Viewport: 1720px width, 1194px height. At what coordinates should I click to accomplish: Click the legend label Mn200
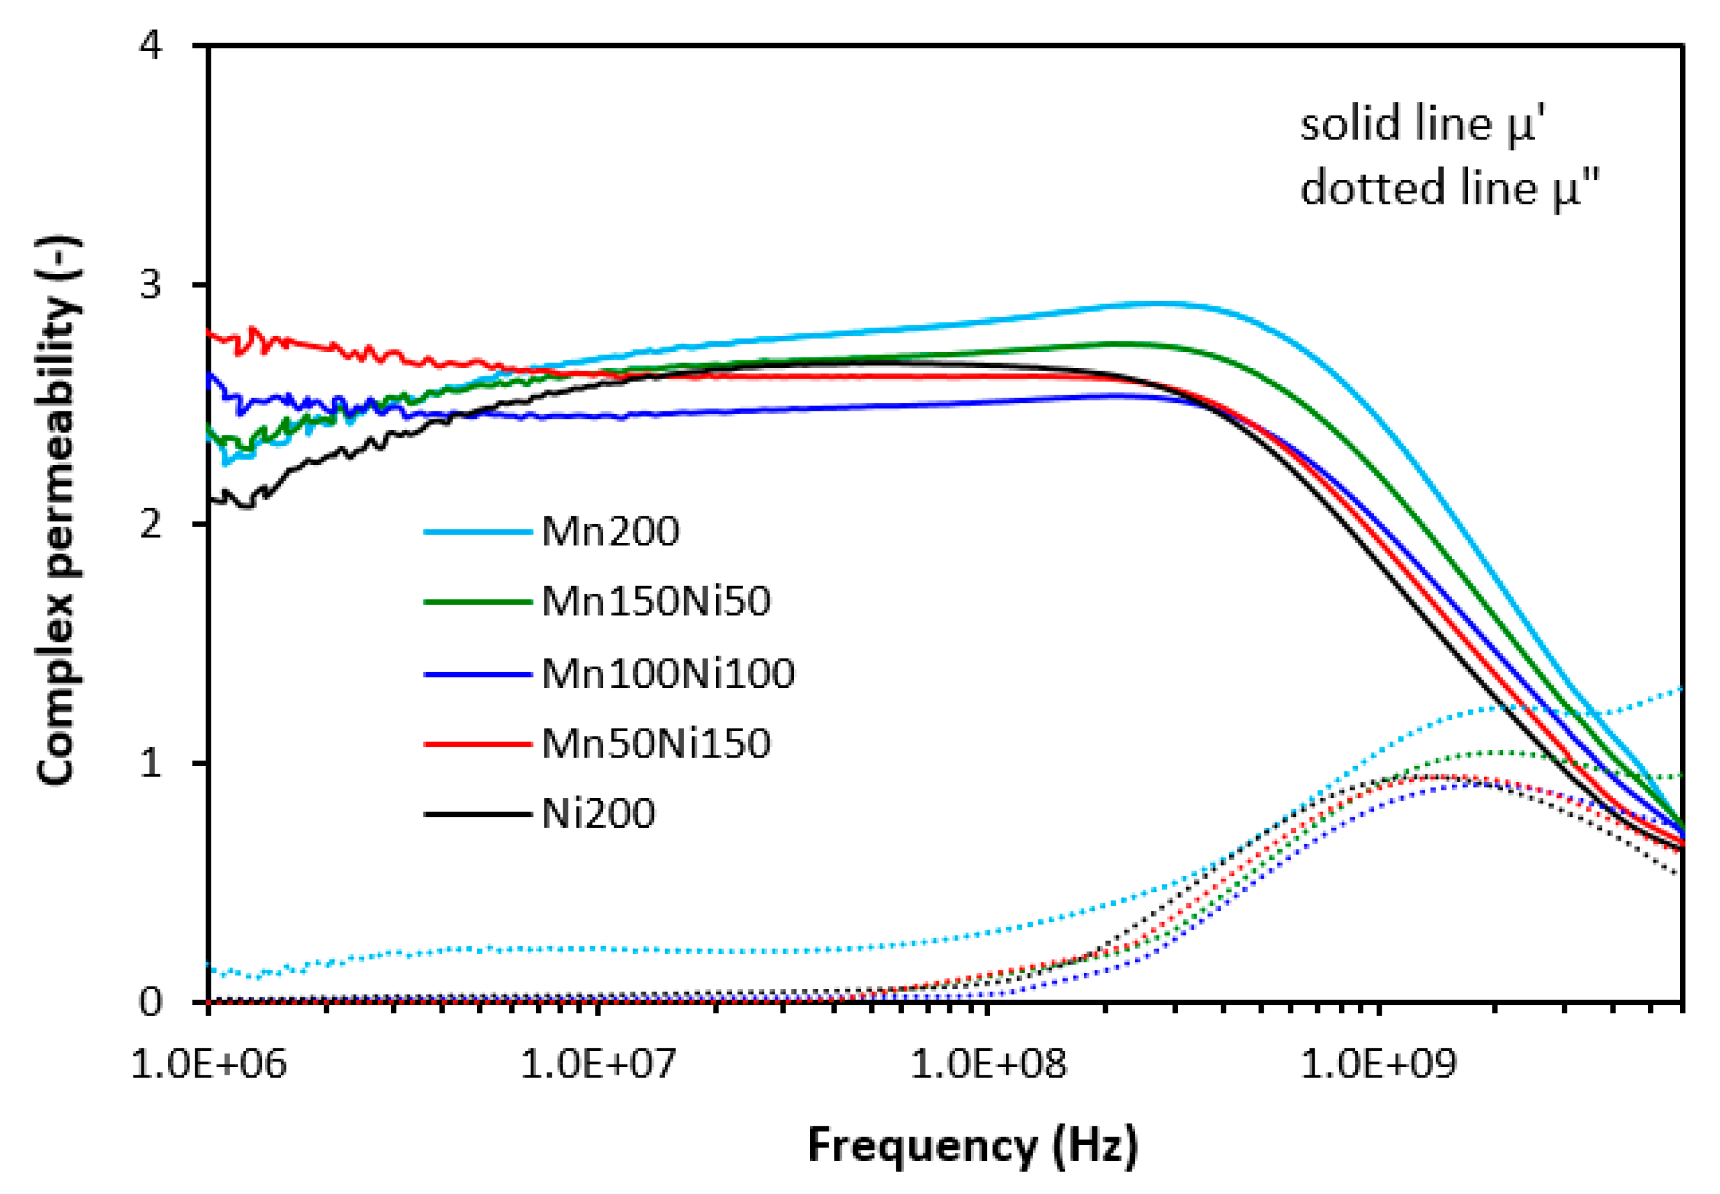610,532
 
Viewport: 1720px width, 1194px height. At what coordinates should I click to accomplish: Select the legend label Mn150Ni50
655,601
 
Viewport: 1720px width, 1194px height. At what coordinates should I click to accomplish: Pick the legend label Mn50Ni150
655,743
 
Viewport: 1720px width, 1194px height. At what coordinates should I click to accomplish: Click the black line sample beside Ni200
476,814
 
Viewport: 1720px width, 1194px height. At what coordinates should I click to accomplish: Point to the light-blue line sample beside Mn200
476,533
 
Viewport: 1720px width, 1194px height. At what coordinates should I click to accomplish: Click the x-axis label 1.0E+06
209,1064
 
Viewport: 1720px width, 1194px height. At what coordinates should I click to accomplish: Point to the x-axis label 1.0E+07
597,1064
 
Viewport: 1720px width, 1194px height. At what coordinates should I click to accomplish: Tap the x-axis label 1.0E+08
988,1064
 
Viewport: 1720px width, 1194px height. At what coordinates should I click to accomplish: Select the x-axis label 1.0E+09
1378,1064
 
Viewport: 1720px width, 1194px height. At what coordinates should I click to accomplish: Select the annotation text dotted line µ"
1449,188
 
